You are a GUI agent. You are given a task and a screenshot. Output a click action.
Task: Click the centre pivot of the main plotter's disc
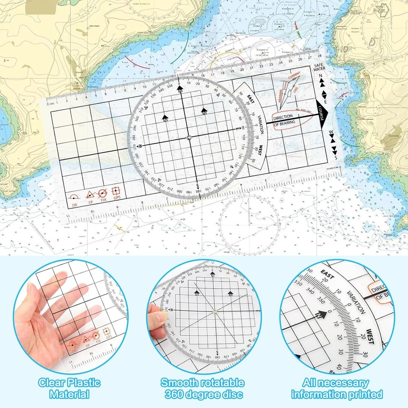coord(189,138)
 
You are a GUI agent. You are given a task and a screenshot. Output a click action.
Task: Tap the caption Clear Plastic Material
coord(69,388)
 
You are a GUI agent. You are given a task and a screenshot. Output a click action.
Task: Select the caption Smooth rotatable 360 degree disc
coord(202,388)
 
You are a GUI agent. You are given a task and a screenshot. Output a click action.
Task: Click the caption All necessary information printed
coord(337,388)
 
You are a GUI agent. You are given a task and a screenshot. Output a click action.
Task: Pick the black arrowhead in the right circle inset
coord(322,315)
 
